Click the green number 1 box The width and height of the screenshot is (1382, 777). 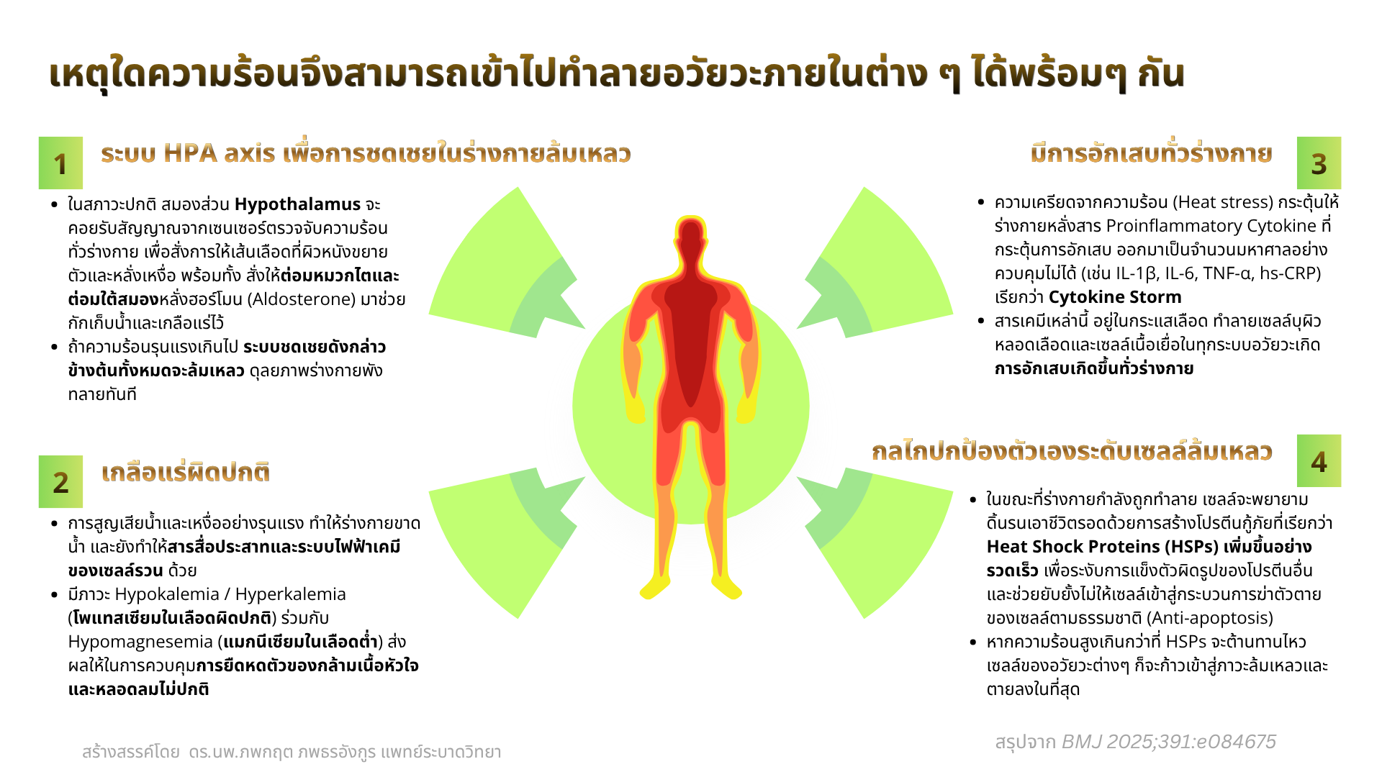(60, 163)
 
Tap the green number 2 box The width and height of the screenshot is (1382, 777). (60, 481)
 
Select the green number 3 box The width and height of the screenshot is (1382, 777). (1319, 163)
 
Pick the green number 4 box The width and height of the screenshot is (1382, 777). (1319, 461)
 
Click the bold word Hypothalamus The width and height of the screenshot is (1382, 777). (297, 204)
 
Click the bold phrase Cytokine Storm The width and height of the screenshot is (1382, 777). (1115, 297)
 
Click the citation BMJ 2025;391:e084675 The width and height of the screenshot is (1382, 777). (1169, 742)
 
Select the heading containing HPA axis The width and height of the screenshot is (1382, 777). (366, 153)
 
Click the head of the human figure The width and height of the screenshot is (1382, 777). (691, 237)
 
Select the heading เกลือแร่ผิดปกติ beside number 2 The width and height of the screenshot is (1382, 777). (186, 473)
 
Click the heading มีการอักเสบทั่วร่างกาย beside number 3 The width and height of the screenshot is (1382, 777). (1152, 153)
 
